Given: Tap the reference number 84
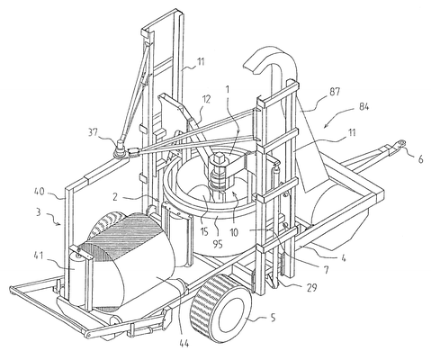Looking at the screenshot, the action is tap(364, 106).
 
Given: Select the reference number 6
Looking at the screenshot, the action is tap(420, 159).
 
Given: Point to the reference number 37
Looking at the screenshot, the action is tap(93, 132).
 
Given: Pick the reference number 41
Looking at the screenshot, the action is tap(38, 256).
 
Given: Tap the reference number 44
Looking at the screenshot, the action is tap(184, 343).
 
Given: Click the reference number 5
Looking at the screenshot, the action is tap(273, 318).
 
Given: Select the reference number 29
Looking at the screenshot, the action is tap(312, 287).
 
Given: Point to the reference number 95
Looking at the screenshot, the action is tap(218, 244).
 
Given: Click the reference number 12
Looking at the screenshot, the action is tap(206, 99).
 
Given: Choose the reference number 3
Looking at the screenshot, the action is tap(38, 212).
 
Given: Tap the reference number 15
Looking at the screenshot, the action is tap(204, 232).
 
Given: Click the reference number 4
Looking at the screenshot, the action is tap(343, 257).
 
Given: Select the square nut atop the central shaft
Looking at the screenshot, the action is tap(220, 157).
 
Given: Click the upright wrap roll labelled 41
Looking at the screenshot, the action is tap(76, 277).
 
